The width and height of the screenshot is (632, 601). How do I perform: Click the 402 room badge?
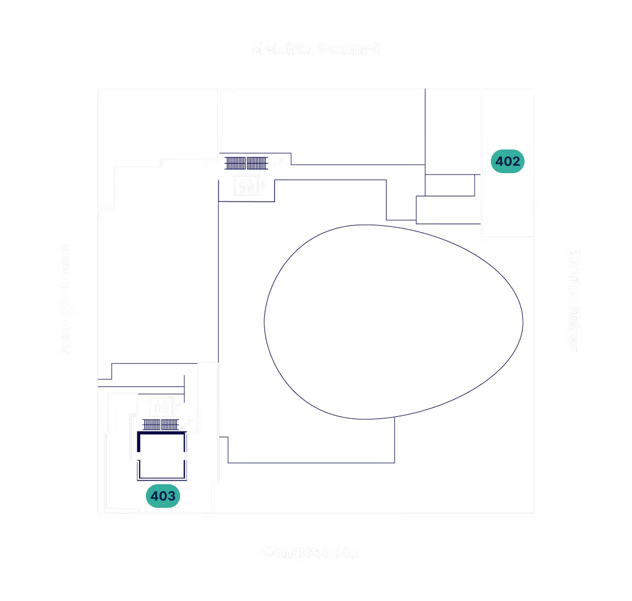[x=508, y=162]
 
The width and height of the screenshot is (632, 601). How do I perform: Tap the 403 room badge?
[x=163, y=496]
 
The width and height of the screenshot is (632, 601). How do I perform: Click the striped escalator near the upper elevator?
[x=246, y=163]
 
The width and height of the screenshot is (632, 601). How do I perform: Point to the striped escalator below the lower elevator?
[x=160, y=424]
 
